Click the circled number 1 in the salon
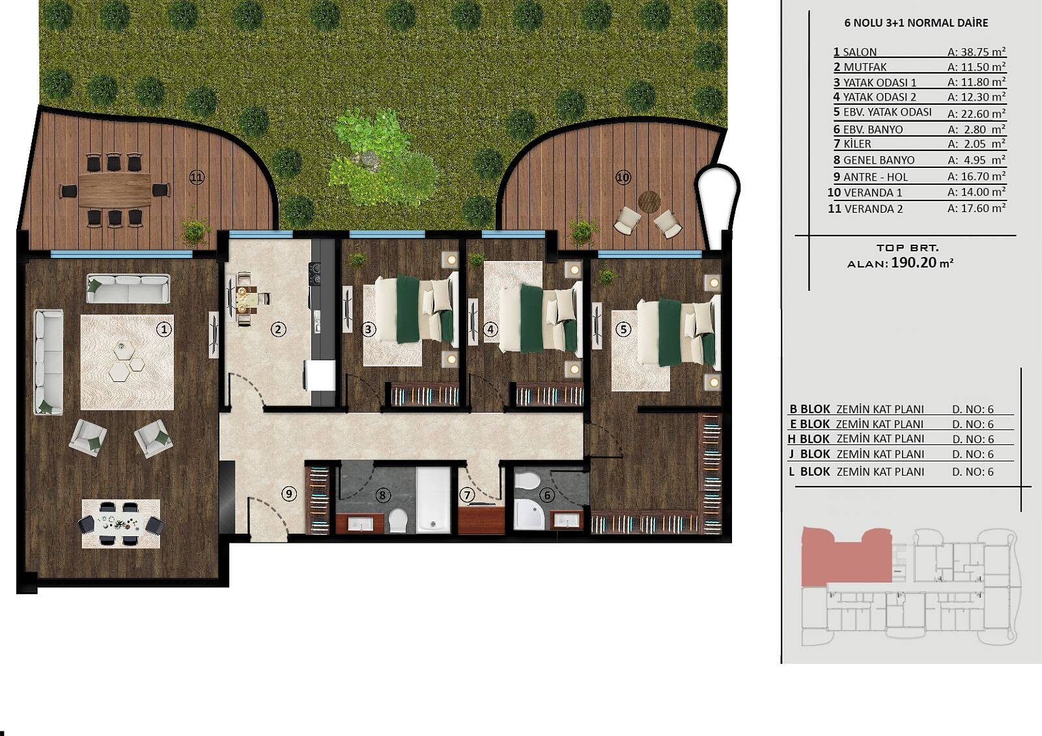pyautogui.click(x=163, y=330)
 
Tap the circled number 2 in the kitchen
pyautogui.click(x=278, y=330)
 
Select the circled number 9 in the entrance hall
pyautogui.click(x=289, y=493)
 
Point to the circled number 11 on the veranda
pyautogui.click(x=197, y=177)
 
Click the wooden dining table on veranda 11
pyautogui.click(x=115, y=190)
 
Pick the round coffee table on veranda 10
pyautogui.click(x=649, y=202)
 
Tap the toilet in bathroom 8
pyautogui.click(x=398, y=520)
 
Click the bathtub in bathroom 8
pyautogui.click(x=433, y=500)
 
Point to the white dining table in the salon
pyautogui.click(x=121, y=523)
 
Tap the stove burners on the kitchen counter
pyautogui.click(x=315, y=273)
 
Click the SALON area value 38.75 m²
pyautogui.click(x=977, y=51)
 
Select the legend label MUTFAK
pyautogui.click(x=866, y=68)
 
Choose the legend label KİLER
pyautogui.click(x=857, y=144)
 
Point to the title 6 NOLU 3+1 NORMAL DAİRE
pyautogui.click(x=916, y=23)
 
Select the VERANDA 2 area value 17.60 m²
pyautogui.click(x=977, y=208)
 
